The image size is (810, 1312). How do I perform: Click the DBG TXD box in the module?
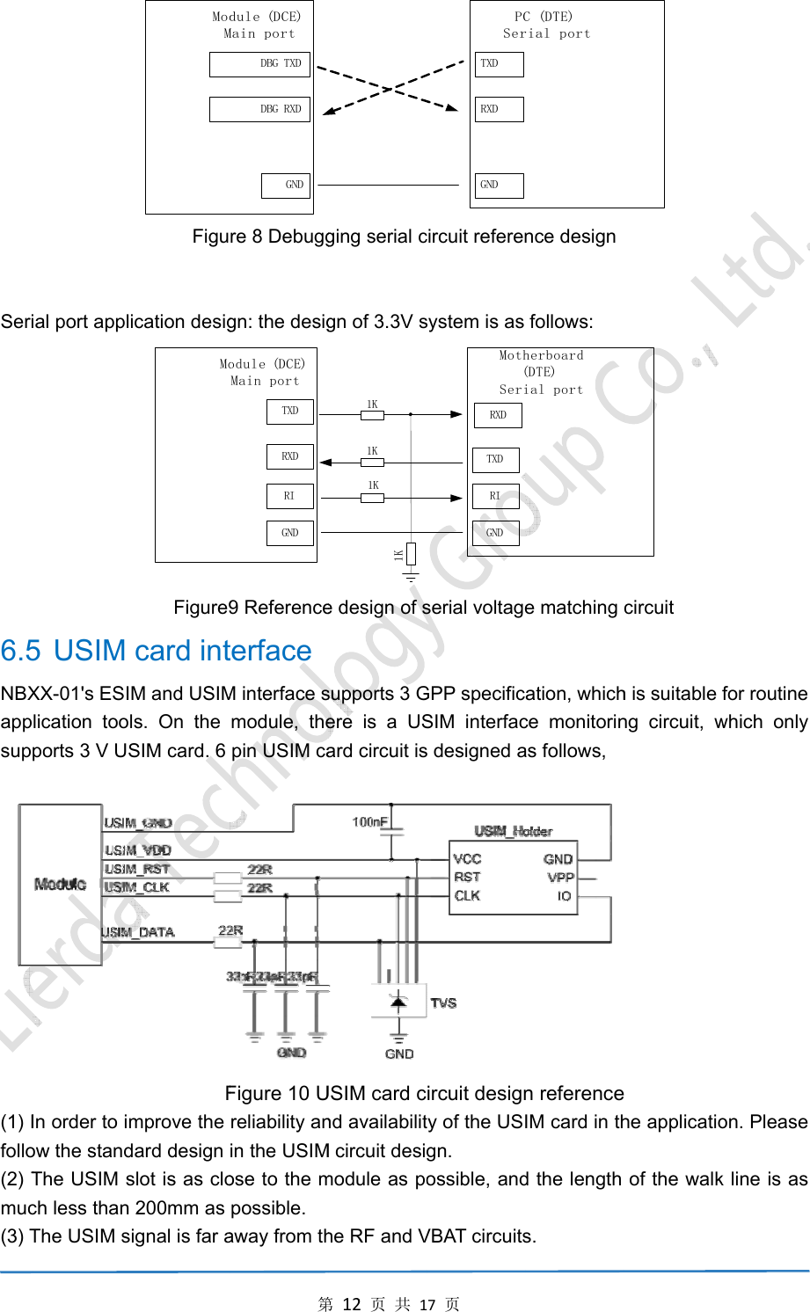[x=260, y=64]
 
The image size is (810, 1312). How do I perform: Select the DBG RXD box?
[x=260, y=109]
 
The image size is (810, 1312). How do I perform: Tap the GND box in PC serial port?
[x=499, y=186]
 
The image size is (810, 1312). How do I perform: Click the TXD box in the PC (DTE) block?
[x=499, y=64]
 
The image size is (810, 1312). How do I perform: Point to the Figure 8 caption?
[x=404, y=237]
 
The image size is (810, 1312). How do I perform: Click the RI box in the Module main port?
[x=290, y=496]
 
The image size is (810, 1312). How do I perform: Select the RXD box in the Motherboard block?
[x=498, y=415]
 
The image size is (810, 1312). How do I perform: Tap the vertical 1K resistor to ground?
[x=410, y=554]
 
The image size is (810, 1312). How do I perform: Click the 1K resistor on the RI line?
[x=373, y=498]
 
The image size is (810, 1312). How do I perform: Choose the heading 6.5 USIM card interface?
[x=157, y=651]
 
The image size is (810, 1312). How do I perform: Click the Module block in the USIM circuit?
[x=61, y=884]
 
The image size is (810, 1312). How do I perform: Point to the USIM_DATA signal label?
[x=139, y=932]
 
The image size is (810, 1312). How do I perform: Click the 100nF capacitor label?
[x=369, y=822]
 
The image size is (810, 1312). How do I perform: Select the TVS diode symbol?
[x=398, y=1002]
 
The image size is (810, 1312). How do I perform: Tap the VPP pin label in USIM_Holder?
[x=560, y=878]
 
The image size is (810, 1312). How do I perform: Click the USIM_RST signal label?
[x=137, y=869]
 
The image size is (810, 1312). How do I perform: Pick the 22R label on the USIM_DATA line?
[x=230, y=930]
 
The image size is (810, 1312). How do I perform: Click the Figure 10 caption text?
[x=424, y=1094]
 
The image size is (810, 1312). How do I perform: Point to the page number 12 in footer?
[x=352, y=1304]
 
